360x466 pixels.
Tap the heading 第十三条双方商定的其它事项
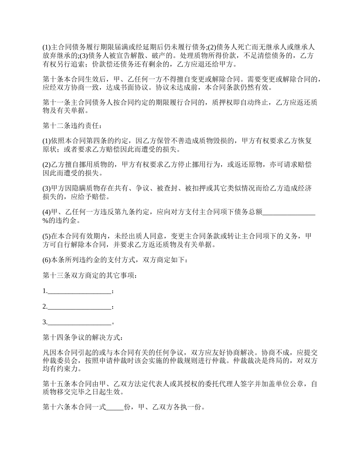pos(89,275)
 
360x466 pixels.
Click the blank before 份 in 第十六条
pos(114,408)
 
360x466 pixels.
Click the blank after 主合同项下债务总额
pos(289,212)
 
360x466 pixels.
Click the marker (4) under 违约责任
pos(47,212)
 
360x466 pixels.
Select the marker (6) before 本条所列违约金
pos(47,260)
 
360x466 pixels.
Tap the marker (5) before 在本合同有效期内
pos(47,236)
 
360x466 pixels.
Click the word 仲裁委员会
pos(63,361)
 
